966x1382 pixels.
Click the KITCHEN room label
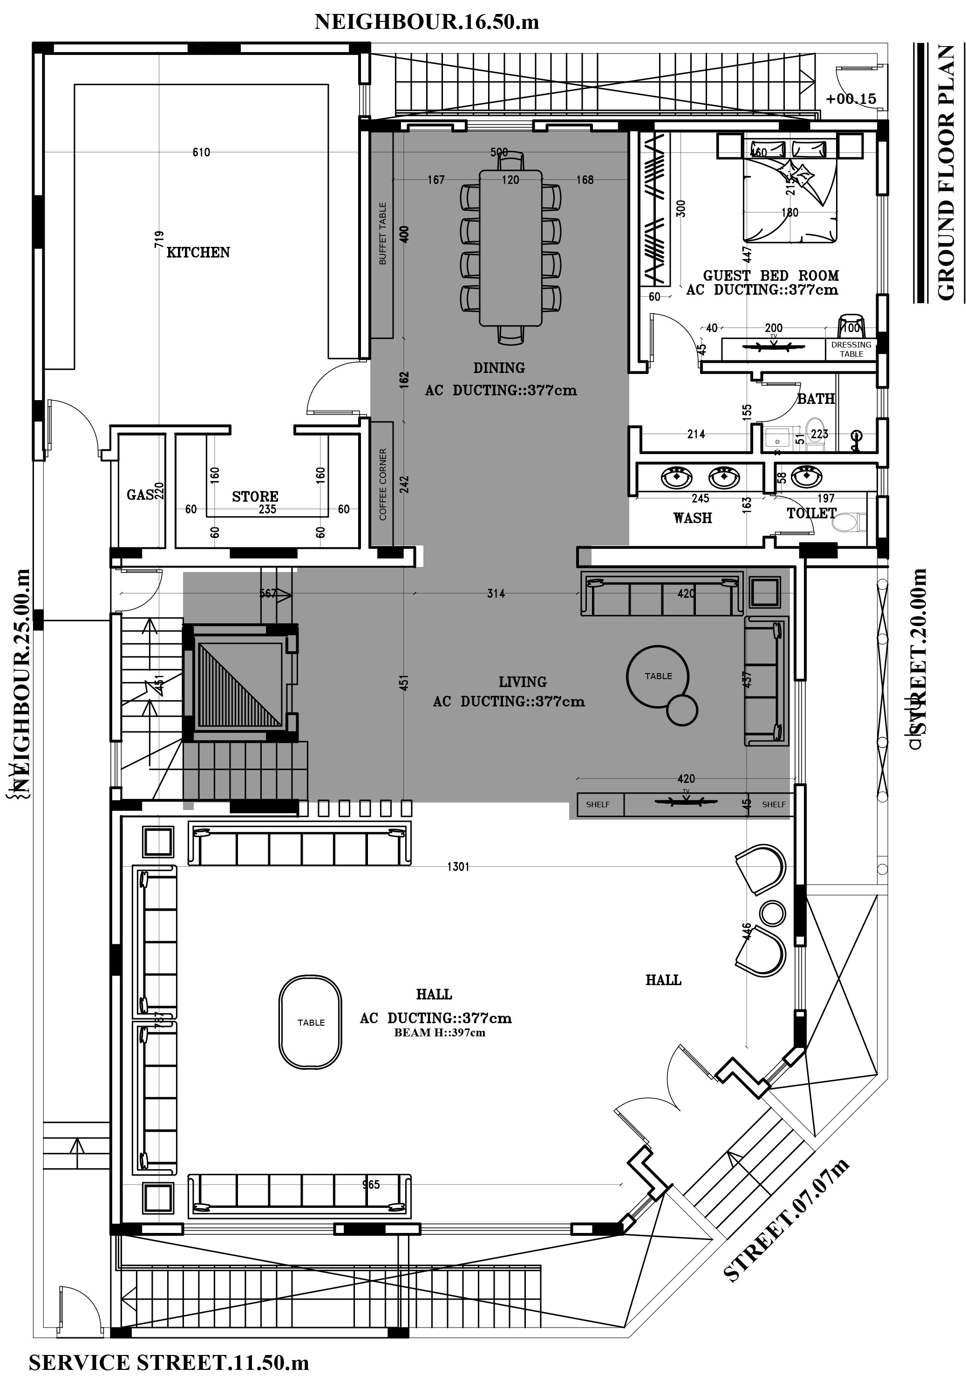pos(198,252)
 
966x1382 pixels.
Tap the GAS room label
pos(140,495)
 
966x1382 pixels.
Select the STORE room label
pos(255,497)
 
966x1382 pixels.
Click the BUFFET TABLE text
pos(383,233)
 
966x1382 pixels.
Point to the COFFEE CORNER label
pos(383,484)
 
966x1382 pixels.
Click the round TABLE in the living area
pos(658,675)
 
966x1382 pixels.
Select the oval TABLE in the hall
pos(311,1022)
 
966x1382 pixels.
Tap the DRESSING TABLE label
pos(850,349)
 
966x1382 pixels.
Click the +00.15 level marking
pos(850,99)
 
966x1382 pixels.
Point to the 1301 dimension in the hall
pos(458,866)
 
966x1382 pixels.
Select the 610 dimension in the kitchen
pos(201,152)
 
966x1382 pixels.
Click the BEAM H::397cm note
pos(439,1033)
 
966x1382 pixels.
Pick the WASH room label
pos(692,517)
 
